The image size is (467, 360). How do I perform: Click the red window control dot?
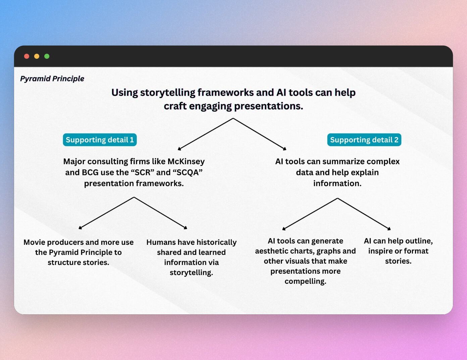click(27, 56)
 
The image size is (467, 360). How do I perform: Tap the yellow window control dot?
click(37, 56)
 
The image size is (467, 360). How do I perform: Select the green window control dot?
click(47, 56)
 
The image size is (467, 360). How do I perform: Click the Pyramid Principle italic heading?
click(52, 79)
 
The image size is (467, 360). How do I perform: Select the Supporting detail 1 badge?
click(100, 140)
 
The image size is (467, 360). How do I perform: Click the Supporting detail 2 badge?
click(364, 140)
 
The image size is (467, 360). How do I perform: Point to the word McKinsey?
click(186, 162)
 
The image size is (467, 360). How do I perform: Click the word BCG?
click(90, 173)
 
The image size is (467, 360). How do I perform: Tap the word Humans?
click(161, 242)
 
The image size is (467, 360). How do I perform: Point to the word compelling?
click(305, 281)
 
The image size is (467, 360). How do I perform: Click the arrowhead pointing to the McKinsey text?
click(179, 149)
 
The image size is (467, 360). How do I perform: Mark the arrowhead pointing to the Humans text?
click(186, 228)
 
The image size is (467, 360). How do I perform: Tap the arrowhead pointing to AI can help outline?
click(389, 229)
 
